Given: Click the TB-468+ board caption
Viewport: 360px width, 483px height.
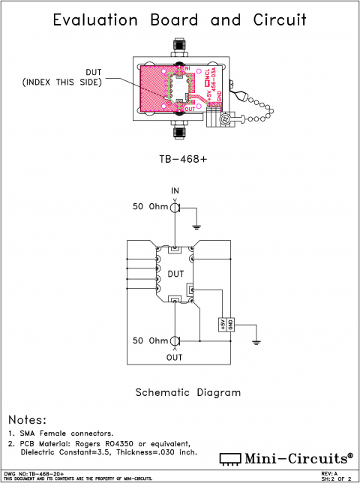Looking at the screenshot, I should tap(179, 159).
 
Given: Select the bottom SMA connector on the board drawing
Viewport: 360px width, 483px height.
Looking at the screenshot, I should tap(180, 133).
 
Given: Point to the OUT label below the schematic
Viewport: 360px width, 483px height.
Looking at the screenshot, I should tap(175, 358).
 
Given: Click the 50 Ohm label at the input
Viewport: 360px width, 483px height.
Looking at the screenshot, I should tap(150, 206).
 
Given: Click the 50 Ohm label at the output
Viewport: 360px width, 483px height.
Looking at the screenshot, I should tap(150, 340).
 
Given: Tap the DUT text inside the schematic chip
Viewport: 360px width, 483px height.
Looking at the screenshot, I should tap(175, 274).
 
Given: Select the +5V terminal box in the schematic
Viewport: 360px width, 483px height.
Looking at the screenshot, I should tap(222, 323).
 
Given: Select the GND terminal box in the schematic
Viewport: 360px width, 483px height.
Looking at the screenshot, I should tap(230, 323).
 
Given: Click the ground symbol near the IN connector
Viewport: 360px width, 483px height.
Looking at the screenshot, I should tap(196, 225).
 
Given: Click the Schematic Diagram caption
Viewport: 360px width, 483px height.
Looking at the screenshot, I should tap(187, 391).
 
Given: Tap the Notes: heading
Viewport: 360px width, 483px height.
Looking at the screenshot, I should tap(27, 419).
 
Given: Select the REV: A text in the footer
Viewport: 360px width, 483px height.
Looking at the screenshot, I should tap(330, 474).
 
